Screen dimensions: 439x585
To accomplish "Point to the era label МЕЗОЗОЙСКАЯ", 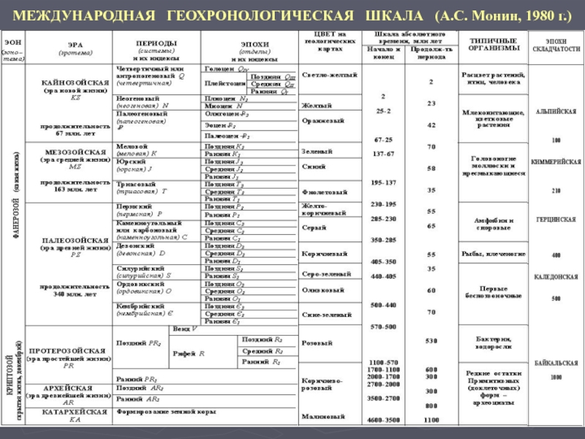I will pos(70,151).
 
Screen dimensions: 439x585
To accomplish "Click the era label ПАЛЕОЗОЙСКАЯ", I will pos(71,239).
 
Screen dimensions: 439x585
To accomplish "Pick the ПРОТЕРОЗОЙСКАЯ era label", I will pos(70,351).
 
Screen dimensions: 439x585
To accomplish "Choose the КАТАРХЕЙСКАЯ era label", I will pos(70,411).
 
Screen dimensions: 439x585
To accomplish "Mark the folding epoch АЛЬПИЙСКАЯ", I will pos(556,111).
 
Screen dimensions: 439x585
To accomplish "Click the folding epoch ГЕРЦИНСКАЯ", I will pos(556,219).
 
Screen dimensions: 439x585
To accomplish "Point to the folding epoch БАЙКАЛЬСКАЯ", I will pos(556,362).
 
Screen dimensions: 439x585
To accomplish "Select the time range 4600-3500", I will pos(383,420).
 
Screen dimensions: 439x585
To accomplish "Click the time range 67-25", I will pos(383,139).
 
